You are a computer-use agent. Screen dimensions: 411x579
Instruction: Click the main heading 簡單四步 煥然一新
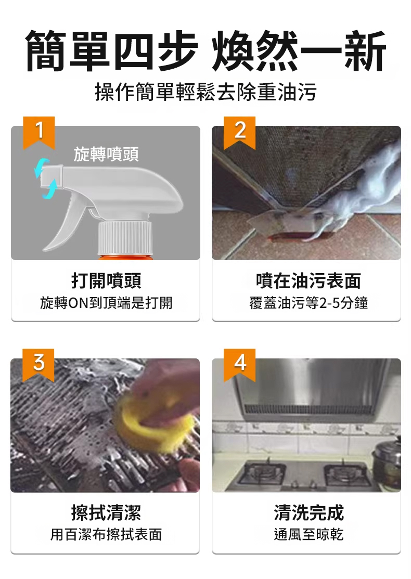205,51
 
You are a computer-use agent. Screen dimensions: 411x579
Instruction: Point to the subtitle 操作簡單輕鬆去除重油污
205,92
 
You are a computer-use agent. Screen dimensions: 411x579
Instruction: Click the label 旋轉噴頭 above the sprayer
106,154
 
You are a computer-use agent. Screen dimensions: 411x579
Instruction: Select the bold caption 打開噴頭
106,280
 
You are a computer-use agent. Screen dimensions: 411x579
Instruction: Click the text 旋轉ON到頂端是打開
106,303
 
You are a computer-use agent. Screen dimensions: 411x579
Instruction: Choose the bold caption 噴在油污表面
309,280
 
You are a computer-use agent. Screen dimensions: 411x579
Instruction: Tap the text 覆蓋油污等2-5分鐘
309,303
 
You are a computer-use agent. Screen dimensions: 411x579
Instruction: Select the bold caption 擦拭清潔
106,512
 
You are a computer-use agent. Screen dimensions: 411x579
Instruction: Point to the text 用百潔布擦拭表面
106,534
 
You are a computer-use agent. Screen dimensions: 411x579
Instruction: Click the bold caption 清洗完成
309,512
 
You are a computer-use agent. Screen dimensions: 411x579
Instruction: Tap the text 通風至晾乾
309,534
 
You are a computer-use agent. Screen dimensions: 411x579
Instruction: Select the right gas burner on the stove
347,475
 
